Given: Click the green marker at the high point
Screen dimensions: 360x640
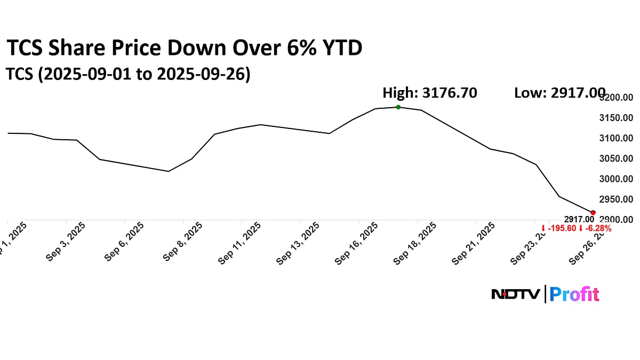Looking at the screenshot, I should pyautogui.click(x=398, y=107).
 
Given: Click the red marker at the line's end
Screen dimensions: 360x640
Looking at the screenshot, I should pyautogui.click(x=593, y=212).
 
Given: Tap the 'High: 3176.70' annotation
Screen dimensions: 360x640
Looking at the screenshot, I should pyautogui.click(x=430, y=93).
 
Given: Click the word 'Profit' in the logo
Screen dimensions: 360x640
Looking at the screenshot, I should pyautogui.click(x=574, y=294).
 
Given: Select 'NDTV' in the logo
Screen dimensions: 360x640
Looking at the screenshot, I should pyautogui.click(x=515, y=294).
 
